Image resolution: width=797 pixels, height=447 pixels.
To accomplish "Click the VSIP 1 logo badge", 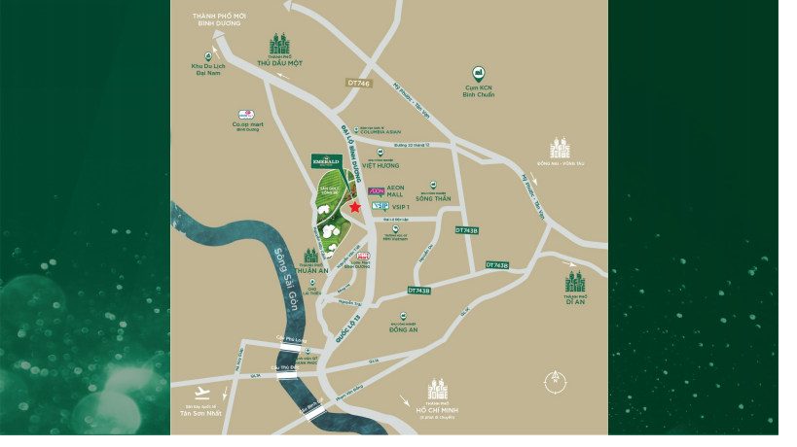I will point(380,206).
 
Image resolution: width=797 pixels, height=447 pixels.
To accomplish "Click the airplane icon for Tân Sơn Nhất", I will point(202,393).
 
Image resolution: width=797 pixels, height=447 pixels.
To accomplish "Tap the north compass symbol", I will point(555,379).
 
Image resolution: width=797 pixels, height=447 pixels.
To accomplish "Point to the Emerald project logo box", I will point(325,161).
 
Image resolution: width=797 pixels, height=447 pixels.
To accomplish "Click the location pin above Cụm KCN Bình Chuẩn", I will point(478,73).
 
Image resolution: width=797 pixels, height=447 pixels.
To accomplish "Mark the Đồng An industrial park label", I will point(404,328).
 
